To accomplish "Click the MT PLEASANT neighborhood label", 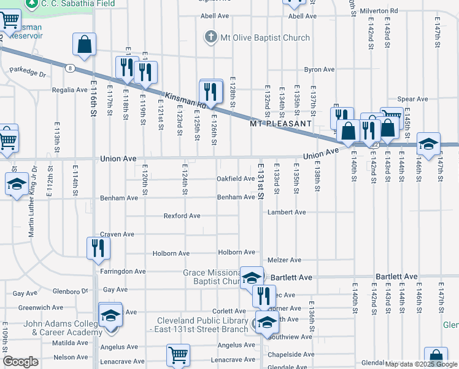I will pyautogui.click(x=280, y=124).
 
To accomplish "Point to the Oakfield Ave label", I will pyautogui.click(x=236, y=179).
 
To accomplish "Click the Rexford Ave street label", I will pyautogui.click(x=182, y=216).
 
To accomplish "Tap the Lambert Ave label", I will pyautogui.click(x=286, y=212).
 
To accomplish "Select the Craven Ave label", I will pyautogui.click(x=117, y=234).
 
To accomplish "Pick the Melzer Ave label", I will pyautogui.click(x=284, y=260).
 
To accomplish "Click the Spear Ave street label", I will pyautogui.click(x=412, y=99).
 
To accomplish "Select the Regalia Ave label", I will pyautogui.click(x=69, y=90).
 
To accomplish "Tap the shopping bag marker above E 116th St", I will pyautogui.click(x=85, y=44).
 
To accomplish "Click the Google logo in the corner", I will pyautogui.click(x=20, y=361).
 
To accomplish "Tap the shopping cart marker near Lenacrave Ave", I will pyautogui.click(x=178, y=354).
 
